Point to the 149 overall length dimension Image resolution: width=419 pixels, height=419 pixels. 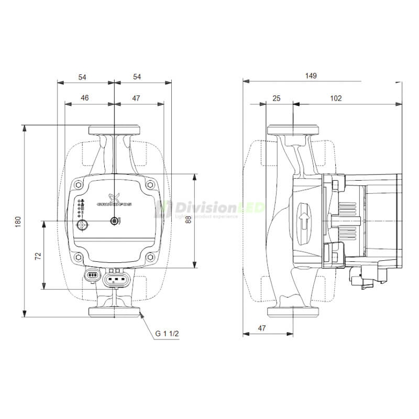point(311,76)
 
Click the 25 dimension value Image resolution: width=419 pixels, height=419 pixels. point(277,98)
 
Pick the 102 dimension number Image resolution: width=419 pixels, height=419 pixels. point(336,98)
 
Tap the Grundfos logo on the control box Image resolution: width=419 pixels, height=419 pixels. point(114,201)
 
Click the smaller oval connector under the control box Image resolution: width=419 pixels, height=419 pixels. point(92,275)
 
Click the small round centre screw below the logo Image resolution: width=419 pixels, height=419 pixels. point(114,222)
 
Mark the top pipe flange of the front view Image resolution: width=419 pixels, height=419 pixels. point(114,129)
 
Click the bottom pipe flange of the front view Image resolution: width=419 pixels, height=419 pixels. point(114,312)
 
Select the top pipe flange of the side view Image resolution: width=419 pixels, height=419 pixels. point(293,129)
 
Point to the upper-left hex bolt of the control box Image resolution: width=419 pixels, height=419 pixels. point(78,184)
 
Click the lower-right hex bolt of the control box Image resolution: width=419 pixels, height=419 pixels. point(150,257)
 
